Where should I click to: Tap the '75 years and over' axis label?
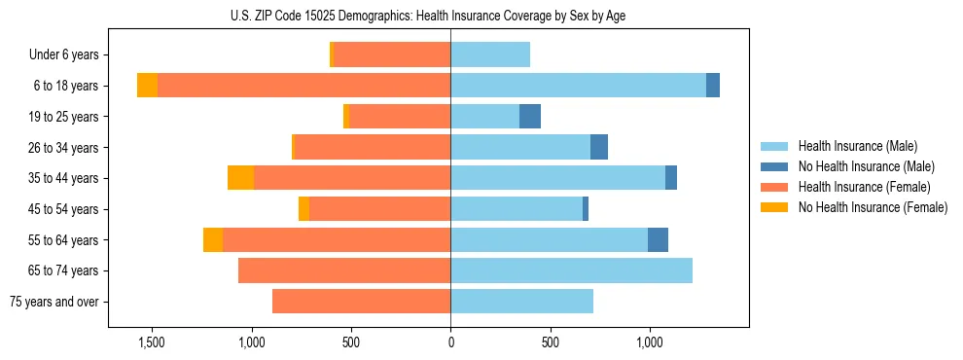(x=54, y=302)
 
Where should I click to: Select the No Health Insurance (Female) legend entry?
(x=872, y=207)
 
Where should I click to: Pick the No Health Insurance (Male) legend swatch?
(x=775, y=166)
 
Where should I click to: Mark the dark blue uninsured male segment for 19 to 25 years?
(x=530, y=117)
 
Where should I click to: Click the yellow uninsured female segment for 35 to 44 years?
(x=240, y=178)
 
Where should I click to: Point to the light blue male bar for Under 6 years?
(x=490, y=55)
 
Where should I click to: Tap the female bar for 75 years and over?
(x=361, y=302)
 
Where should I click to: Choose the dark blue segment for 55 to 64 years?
(x=658, y=239)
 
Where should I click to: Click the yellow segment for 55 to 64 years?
(x=213, y=239)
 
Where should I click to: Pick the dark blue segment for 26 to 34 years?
(x=599, y=147)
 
